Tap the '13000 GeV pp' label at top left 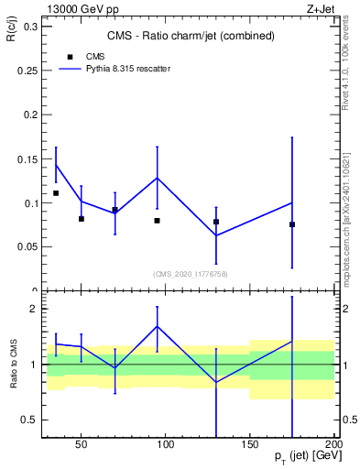pyautogui.click(x=77, y=8)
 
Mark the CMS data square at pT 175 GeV pyautogui.click(x=292, y=224)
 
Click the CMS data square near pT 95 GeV pyautogui.click(x=158, y=221)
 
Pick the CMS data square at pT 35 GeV pyautogui.click(x=56, y=193)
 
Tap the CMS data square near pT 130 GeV pyautogui.click(x=216, y=222)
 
